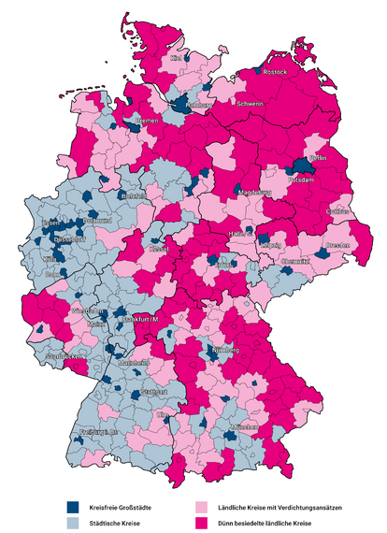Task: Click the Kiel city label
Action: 176,58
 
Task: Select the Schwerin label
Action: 250,104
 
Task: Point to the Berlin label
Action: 317,160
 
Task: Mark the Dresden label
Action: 337,245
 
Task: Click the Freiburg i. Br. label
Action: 99,432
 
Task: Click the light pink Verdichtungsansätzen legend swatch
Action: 201,506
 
